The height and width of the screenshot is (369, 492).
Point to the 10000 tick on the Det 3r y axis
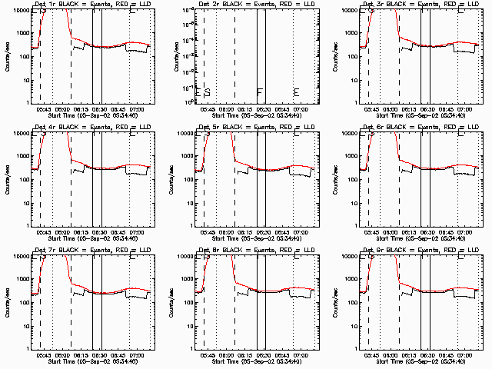tap(352, 11)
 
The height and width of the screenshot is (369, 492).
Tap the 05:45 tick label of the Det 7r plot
tap(43, 356)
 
